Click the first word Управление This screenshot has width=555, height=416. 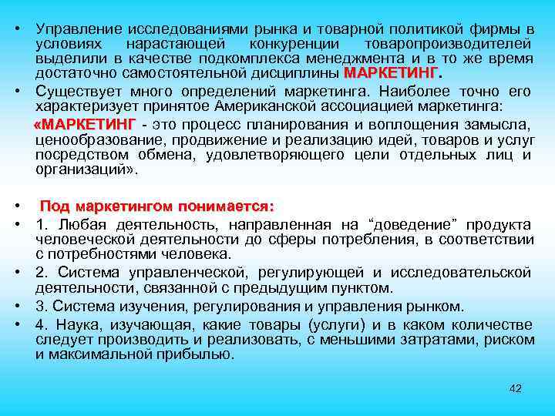tap(75, 29)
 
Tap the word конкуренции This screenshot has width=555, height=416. tap(296, 44)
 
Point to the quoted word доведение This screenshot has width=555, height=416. tap(413, 224)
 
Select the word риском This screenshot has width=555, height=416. tap(510, 339)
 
